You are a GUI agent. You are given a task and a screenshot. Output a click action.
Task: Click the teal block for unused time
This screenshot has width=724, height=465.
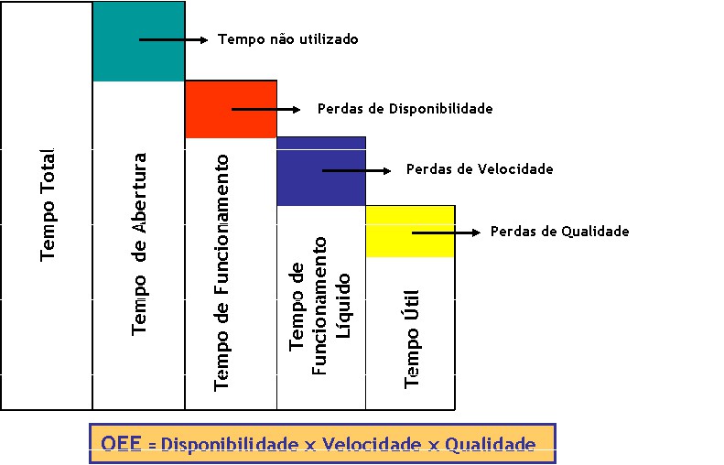click(x=137, y=41)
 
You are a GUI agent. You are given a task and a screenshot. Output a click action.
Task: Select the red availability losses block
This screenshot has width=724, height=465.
click(x=231, y=109)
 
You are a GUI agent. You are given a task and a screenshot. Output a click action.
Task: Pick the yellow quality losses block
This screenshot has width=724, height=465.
click(x=409, y=232)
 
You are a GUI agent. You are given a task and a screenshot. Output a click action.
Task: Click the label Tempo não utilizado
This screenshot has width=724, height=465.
click(x=287, y=39)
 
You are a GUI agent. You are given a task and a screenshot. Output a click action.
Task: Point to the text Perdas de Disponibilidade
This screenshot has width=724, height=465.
click(x=405, y=108)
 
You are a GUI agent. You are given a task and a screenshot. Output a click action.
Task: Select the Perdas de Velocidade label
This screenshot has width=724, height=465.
click(x=480, y=169)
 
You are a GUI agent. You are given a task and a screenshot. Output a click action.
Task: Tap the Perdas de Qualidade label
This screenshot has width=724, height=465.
click(x=559, y=232)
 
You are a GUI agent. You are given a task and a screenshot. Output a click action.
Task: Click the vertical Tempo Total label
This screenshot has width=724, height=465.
click(x=48, y=204)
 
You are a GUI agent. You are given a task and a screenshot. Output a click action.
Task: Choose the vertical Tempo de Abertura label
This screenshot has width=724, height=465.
click(x=139, y=243)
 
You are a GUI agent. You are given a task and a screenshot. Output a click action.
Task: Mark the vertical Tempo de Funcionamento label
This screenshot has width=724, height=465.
click(x=222, y=273)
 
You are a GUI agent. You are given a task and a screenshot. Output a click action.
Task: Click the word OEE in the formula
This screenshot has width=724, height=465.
click(x=122, y=445)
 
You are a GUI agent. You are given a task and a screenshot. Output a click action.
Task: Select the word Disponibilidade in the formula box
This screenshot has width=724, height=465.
click(x=230, y=445)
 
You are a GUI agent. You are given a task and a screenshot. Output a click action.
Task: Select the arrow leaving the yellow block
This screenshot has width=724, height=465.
click(x=446, y=232)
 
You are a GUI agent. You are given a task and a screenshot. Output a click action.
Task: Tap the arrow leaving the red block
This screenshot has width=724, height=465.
click(x=265, y=109)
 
